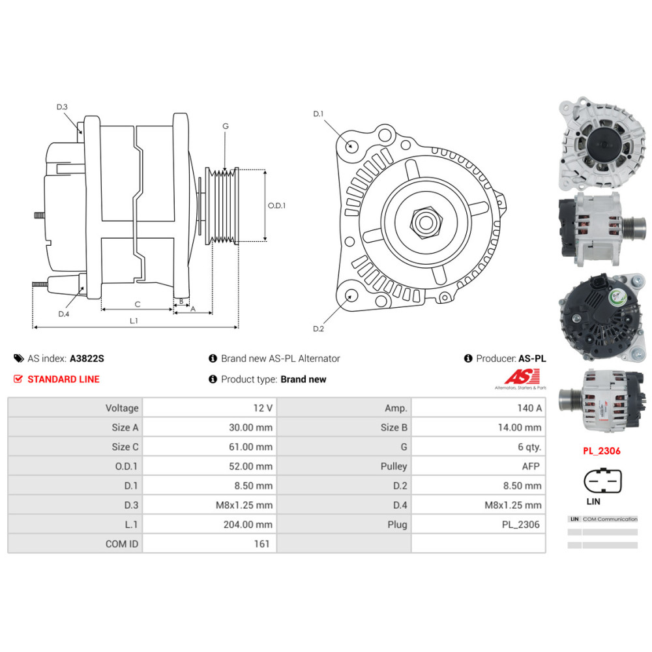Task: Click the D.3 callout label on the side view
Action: (62, 107)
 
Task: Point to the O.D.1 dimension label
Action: (277, 205)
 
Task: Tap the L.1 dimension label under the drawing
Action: (134, 320)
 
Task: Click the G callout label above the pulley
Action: (225, 126)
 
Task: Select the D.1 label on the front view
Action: (318, 114)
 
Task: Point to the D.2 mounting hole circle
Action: (351, 297)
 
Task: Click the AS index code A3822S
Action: (87, 358)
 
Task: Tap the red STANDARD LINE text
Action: (63, 379)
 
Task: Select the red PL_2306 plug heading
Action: (601, 451)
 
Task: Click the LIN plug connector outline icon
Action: (602, 482)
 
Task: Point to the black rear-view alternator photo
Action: (602, 318)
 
